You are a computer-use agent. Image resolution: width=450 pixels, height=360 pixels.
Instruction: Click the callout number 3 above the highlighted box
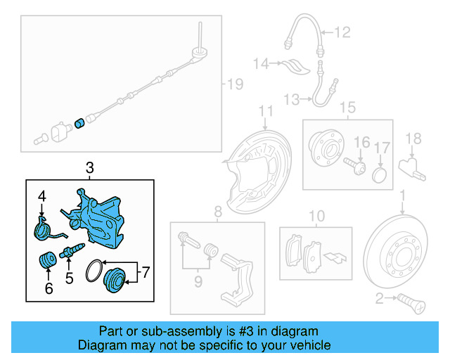click(x=89, y=168)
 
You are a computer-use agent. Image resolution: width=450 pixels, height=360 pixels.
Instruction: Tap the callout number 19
click(x=234, y=84)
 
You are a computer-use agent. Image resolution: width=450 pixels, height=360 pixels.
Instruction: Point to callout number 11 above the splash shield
click(x=265, y=111)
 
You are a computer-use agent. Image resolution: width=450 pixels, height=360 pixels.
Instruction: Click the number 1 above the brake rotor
click(x=402, y=194)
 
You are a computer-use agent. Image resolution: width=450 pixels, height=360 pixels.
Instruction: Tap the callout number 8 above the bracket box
click(x=218, y=211)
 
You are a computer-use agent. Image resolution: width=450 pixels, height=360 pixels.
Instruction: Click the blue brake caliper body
click(x=103, y=214)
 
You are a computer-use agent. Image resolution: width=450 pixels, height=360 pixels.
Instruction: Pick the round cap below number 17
click(x=380, y=174)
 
